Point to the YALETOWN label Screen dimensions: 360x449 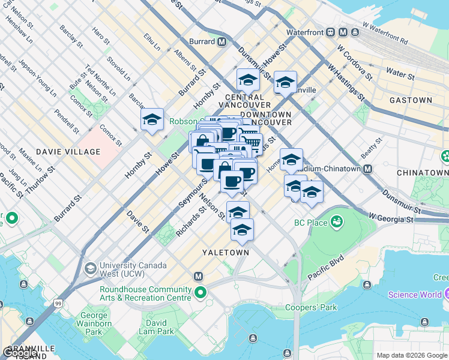225,253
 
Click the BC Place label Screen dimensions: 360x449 311,223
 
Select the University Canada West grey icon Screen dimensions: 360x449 90,267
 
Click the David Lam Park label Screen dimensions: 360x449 156,327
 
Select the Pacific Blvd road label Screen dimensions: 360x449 325,268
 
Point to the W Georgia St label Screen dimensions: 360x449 391,216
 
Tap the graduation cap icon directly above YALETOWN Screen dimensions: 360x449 242,229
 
